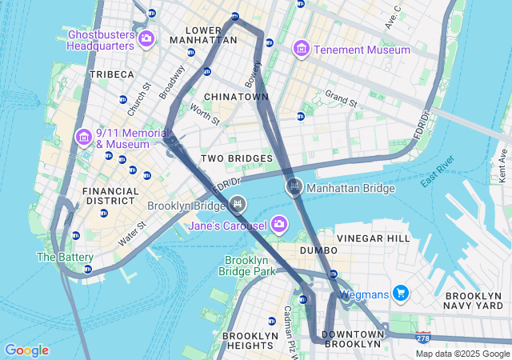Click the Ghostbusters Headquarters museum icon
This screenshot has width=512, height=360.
(146, 38)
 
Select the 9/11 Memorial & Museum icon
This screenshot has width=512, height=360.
(84, 138)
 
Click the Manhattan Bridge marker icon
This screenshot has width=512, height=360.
(294, 188)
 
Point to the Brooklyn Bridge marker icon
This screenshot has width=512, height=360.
(237, 205)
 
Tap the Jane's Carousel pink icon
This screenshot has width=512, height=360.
(278, 223)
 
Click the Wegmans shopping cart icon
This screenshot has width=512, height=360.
(401, 294)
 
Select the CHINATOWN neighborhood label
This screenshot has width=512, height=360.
(236, 97)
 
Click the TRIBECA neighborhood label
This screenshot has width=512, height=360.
(112, 74)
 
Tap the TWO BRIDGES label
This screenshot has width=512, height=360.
(236, 158)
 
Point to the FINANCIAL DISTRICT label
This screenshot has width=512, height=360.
(110, 197)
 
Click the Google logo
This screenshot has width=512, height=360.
(26, 350)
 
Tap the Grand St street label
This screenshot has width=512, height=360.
(340, 96)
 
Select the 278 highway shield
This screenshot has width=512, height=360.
(422, 338)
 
